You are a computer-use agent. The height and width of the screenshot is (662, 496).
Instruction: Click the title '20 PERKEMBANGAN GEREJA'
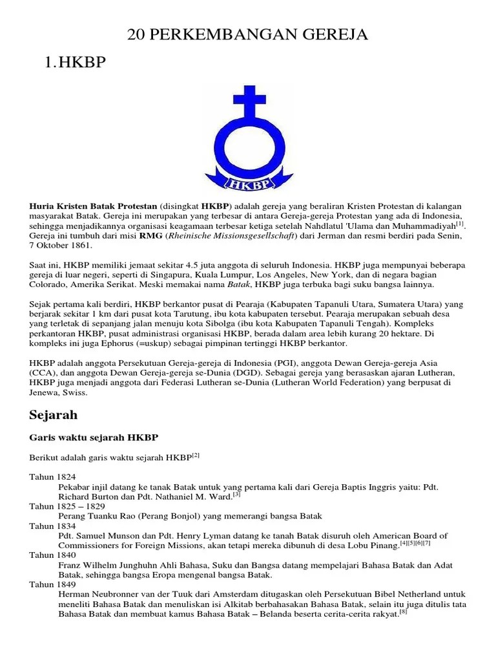(x=248, y=34)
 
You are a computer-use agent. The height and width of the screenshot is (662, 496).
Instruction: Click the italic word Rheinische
(x=194, y=237)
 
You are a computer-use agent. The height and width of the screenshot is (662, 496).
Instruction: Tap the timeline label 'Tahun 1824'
(x=52, y=477)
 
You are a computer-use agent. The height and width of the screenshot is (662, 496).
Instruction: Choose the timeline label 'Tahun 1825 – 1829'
(x=66, y=506)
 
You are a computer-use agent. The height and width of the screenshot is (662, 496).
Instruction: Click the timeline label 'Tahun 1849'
(x=52, y=584)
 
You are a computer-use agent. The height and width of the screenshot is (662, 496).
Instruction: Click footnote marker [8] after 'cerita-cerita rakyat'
(x=402, y=612)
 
